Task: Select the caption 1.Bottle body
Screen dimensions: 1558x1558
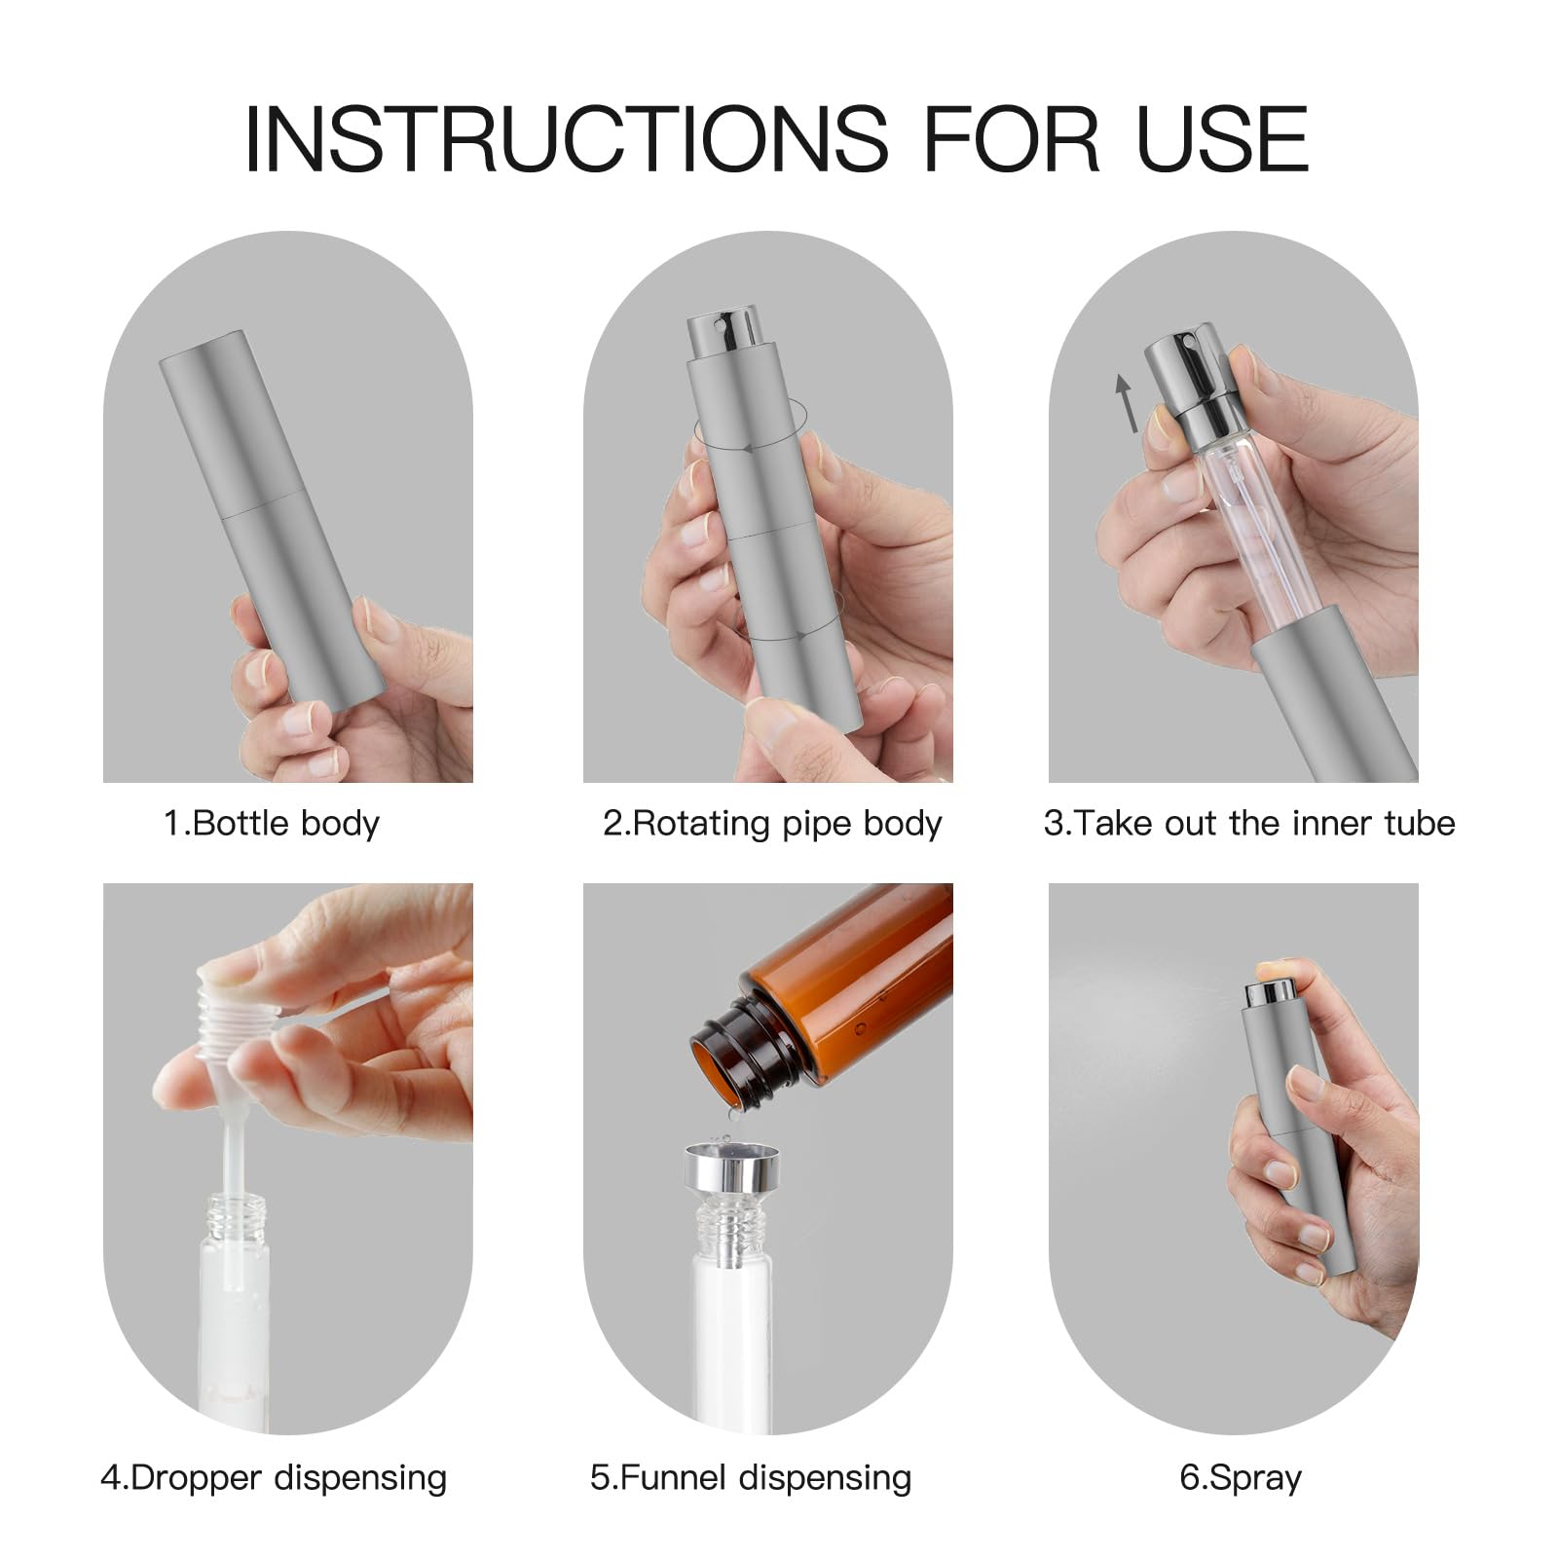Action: (x=271, y=824)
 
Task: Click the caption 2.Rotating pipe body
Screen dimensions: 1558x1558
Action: (x=772, y=824)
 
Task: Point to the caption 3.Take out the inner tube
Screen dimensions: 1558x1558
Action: (x=1249, y=824)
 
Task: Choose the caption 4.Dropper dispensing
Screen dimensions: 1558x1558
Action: (x=274, y=1478)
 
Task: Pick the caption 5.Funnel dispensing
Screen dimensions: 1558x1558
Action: (x=751, y=1478)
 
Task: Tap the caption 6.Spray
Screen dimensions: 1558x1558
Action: (x=1241, y=1478)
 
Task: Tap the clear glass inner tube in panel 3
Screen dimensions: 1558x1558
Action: (x=1232, y=545)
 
